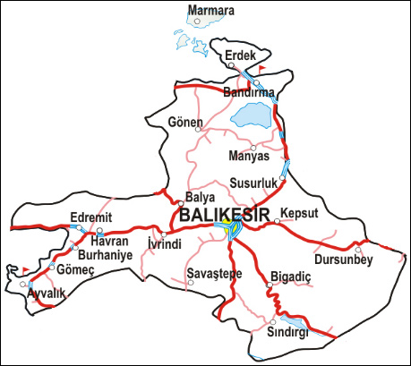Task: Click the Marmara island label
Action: click(211, 11)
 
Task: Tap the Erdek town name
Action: click(240, 55)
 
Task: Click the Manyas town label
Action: click(250, 157)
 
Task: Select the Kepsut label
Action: click(299, 213)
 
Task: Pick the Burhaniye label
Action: click(104, 254)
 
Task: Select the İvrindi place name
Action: click(164, 243)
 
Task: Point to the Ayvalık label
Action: click(45, 293)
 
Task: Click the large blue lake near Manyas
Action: click(253, 115)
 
